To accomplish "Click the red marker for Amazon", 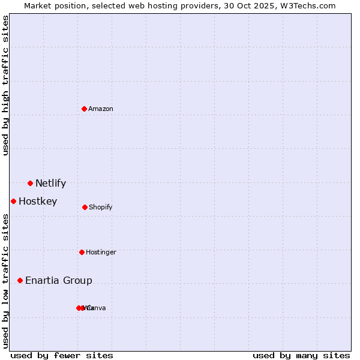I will tap(85, 109).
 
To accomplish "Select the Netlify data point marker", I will tap(30, 183).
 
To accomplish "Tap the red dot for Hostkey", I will tap(13, 201).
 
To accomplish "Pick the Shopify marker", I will tap(85, 207).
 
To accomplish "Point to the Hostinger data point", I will tap(82, 252).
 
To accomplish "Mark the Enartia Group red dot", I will tap(20, 280).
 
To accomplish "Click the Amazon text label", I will tap(101, 109).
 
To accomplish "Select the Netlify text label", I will tap(50, 183).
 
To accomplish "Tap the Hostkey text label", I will tap(38, 201).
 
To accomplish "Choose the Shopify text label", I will tap(101, 207).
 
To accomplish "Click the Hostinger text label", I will tap(101, 252).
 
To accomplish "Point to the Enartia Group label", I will tap(59, 280).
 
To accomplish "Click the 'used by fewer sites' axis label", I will tap(62, 355).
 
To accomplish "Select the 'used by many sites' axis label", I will tap(301, 355).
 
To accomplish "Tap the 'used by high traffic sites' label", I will tap(5, 85).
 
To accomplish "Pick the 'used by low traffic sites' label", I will tap(5, 280).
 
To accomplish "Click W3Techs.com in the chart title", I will tap(306, 5).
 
